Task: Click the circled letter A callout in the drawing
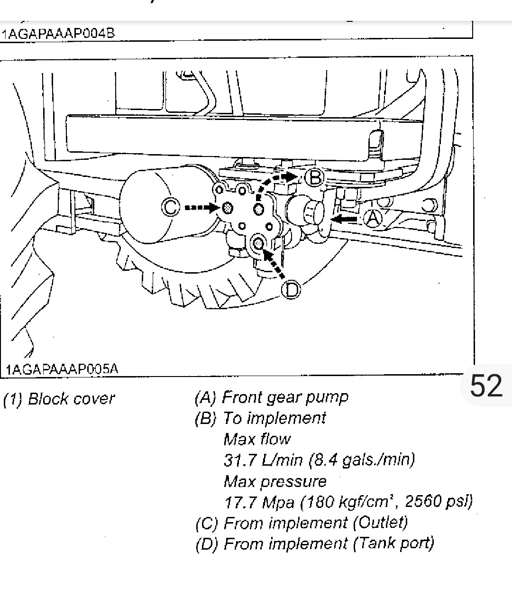[373, 218]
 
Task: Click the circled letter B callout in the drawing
[313, 178]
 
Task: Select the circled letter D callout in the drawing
[292, 289]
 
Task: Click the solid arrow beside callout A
[345, 219]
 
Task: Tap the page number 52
[485, 385]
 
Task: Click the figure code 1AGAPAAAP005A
[62, 369]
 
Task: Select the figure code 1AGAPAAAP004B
[58, 34]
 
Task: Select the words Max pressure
[275, 481]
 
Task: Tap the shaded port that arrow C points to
[228, 208]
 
